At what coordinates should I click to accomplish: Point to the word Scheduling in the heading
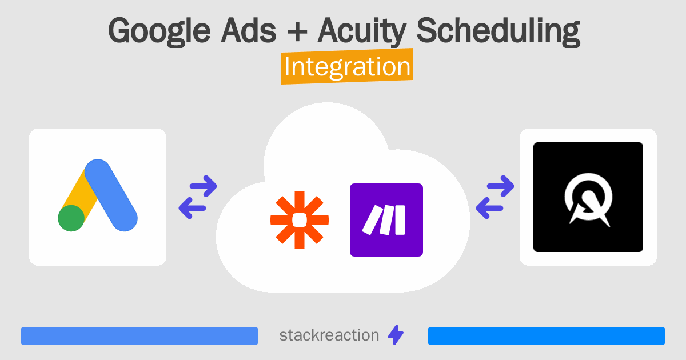(x=498, y=31)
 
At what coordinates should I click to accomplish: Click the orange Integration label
(x=347, y=67)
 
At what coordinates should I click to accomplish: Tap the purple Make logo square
(x=386, y=219)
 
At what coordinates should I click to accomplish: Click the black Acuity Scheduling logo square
(x=588, y=197)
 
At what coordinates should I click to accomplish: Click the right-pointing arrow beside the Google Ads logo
(x=203, y=185)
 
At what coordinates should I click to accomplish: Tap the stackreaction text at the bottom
(x=329, y=335)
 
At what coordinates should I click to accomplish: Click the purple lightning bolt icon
(x=396, y=335)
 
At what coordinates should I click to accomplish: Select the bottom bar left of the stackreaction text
(x=139, y=336)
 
